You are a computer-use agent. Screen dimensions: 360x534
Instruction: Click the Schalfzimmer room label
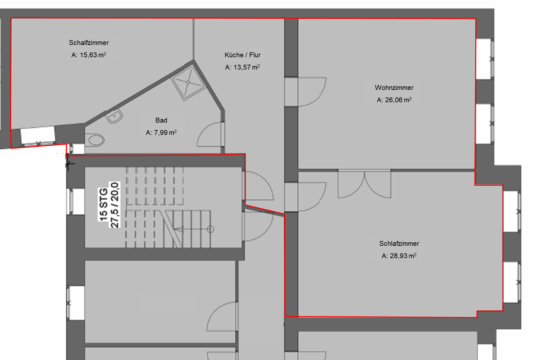[89, 43]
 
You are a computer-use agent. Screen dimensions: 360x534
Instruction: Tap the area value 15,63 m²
[89, 55]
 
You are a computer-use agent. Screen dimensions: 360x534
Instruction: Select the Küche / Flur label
[242, 55]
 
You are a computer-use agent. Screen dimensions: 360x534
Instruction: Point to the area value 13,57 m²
[242, 67]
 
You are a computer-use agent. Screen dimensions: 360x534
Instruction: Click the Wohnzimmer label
[394, 88]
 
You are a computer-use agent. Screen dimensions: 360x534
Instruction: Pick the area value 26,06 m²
[394, 100]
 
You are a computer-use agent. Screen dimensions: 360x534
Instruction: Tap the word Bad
[161, 120]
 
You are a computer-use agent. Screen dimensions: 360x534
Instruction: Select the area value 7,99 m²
[161, 133]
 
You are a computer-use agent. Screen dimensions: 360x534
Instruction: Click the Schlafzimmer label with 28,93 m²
[399, 244]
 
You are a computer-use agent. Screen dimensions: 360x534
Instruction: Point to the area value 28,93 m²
[399, 256]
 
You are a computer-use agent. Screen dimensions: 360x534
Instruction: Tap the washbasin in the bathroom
[115, 116]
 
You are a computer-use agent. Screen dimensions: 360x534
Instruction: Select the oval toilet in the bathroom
[96, 140]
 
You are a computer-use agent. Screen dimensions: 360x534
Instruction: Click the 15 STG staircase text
[104, 204]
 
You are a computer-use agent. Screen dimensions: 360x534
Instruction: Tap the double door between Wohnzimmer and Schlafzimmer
[364, 184]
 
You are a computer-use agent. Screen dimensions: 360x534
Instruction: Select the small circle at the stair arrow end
[210, 229]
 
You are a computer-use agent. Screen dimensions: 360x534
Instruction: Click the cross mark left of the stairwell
[69, 164]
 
